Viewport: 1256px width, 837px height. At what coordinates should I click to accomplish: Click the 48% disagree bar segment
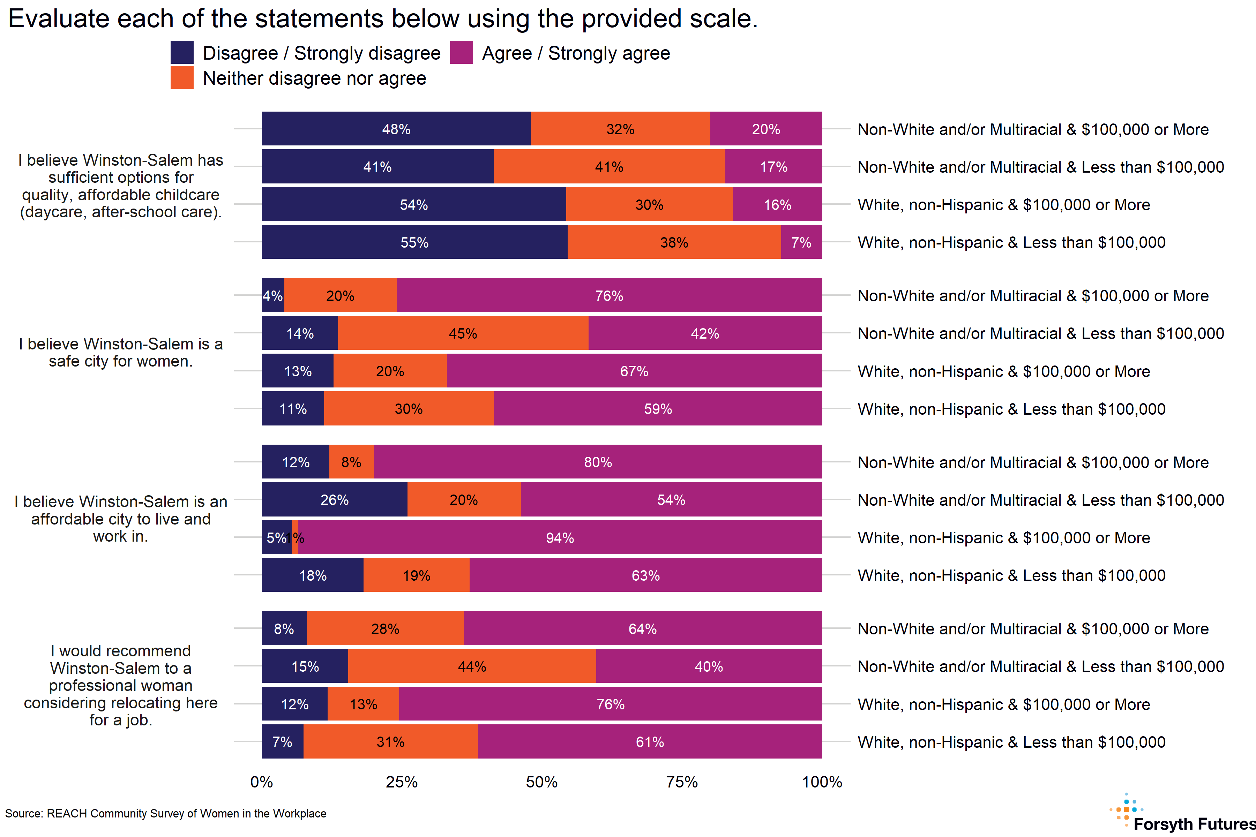[x=396, y=129]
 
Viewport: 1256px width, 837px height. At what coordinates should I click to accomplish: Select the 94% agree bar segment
[x=560, y=537]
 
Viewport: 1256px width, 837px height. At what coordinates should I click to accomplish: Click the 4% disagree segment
[x=273, y=295]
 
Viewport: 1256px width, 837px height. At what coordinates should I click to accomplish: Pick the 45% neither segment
[x=463, y=333]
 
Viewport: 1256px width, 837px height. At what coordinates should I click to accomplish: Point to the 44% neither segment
[x=472, y=666]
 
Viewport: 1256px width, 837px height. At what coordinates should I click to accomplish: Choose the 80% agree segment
[x=598, y=462]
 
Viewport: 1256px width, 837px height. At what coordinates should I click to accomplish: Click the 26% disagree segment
[x=334, y=500]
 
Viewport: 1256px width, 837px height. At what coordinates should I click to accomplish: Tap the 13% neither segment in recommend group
[x=363, y=704]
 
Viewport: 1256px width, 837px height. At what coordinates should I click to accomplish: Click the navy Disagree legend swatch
[x=181, y=52]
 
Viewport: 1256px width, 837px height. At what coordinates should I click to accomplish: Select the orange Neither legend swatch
[x=181, y=78]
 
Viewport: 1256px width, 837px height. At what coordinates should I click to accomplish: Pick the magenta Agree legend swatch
[x=461, y=52]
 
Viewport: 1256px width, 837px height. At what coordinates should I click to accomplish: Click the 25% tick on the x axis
[x=402, y=782]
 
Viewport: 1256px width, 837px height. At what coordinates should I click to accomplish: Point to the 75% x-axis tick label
[x=682, y=782]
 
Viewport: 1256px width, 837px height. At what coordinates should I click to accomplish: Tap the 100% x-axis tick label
[x=822, y=782]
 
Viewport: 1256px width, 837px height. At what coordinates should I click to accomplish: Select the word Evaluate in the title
[x=59, y=19]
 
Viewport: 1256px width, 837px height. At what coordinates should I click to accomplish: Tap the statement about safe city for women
[x=121, y=352]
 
